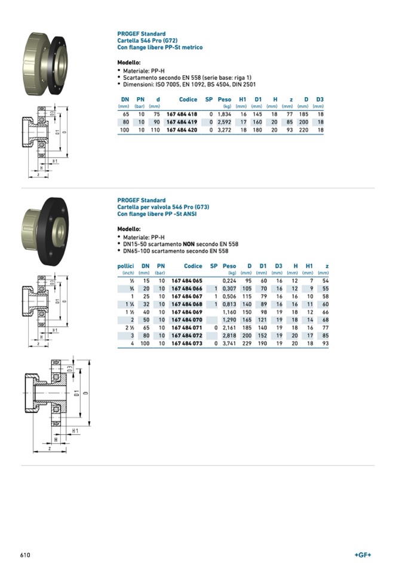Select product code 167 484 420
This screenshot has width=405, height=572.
(x=182, y=129)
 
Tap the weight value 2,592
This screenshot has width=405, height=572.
(x=224, y=121)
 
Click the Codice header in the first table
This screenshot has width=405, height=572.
(x=188, y=99)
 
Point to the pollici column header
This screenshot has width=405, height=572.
(x=125, y=266)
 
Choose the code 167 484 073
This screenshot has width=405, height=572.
(x=187, y=344)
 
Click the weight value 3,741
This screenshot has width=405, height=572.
(x=229, y=344)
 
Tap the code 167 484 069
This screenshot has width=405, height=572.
(x=187, y=312)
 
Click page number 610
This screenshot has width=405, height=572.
(x=25, y=555)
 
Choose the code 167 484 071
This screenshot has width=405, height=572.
(x=187, y=328)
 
